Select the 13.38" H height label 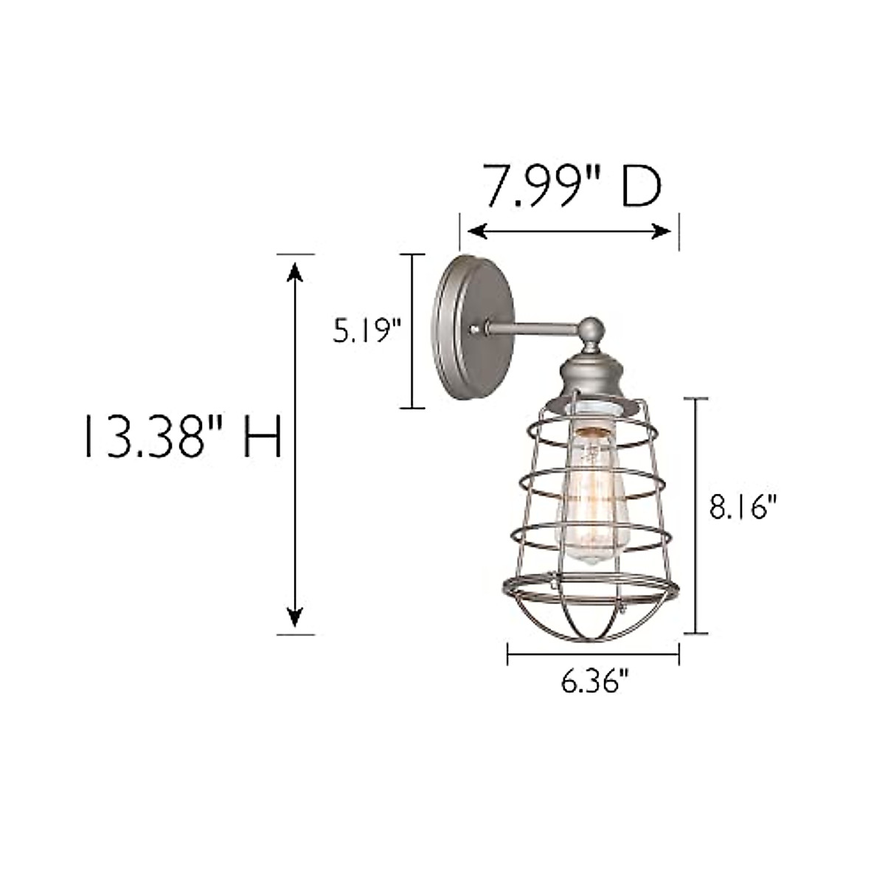tap(181, 437)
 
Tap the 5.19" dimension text tap(366, 331)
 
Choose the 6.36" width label tap(594, 683)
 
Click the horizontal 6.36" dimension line tap(593, 653)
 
